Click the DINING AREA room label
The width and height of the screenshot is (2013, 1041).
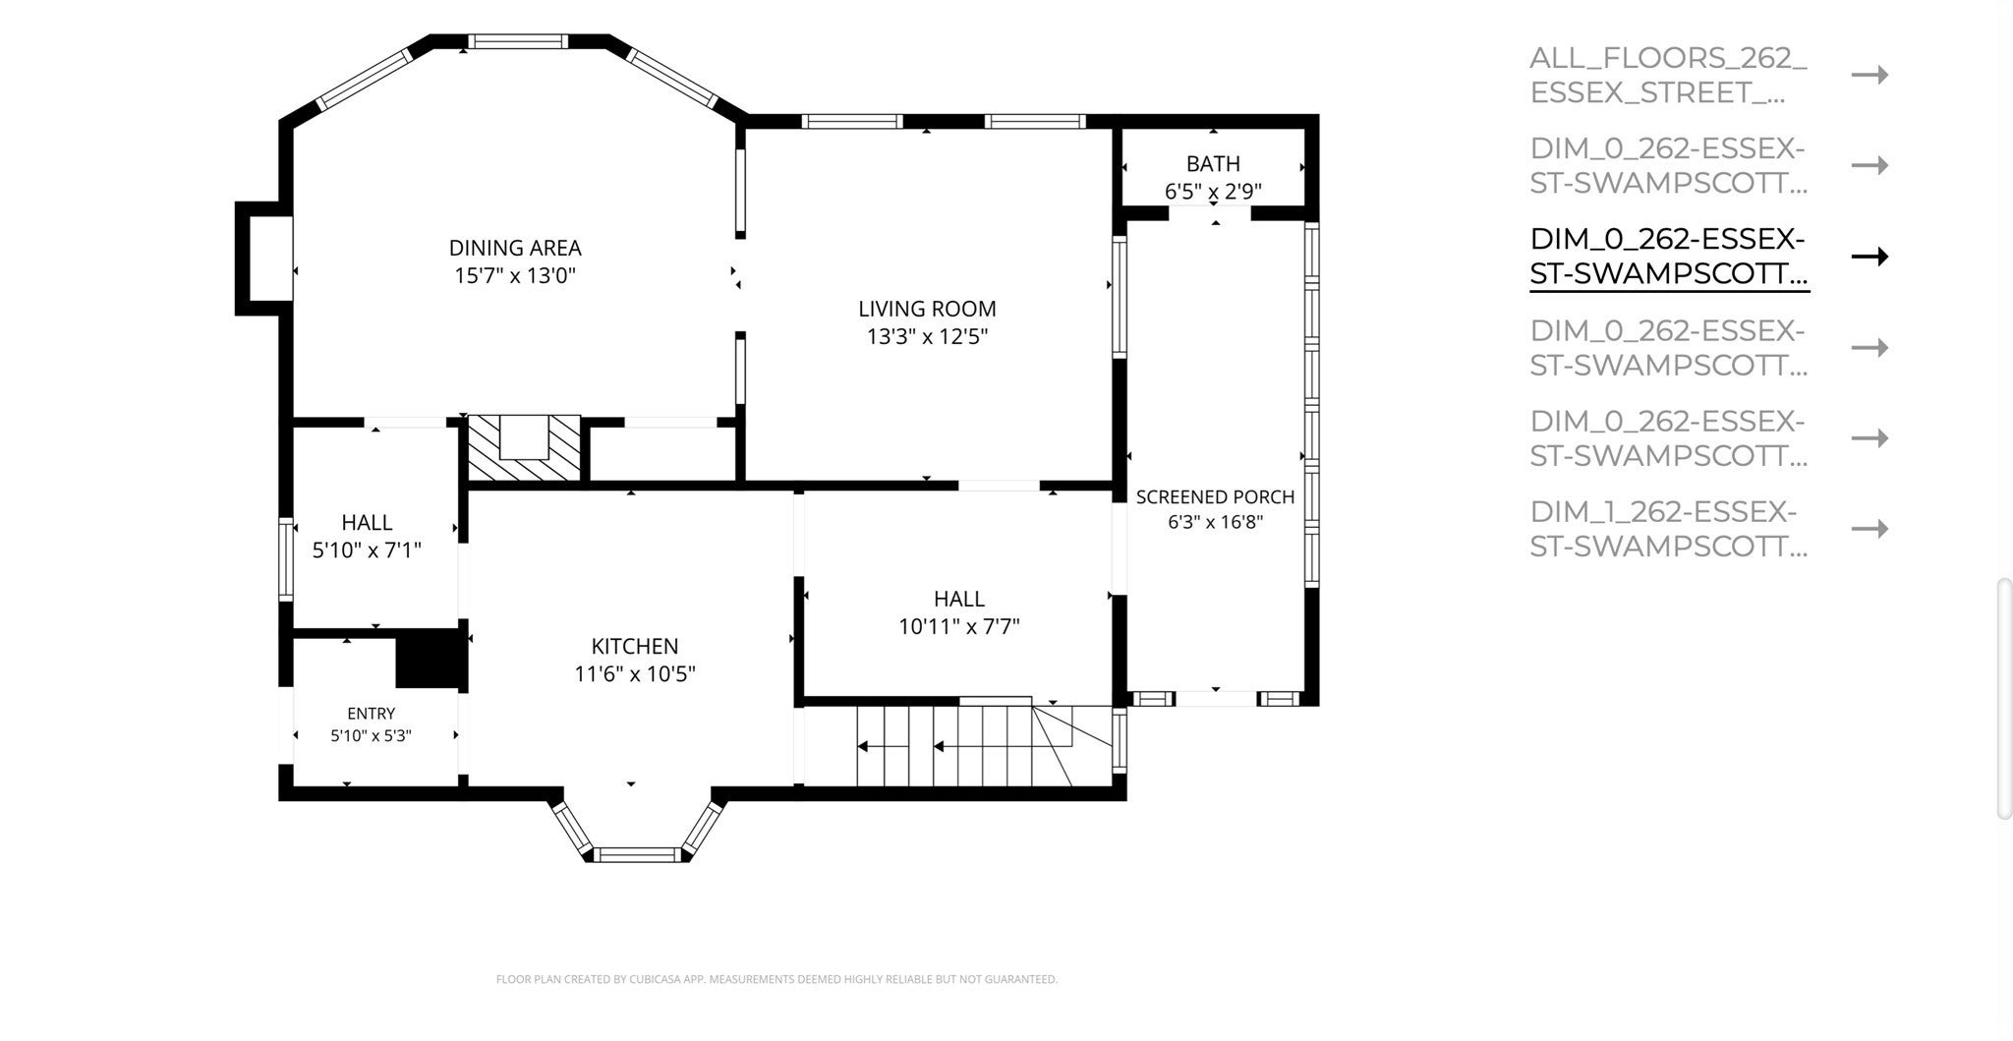(x=515, y=248)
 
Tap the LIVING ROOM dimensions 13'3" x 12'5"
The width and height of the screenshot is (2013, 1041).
(x=927, y=337)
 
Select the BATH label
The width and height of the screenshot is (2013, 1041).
(x=1213, y=163)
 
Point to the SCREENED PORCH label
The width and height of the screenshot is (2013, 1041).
(x=1215, y=497)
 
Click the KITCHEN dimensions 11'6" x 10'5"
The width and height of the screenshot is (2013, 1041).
(x=635, y=674)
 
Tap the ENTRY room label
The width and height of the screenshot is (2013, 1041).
(x=371, y=714)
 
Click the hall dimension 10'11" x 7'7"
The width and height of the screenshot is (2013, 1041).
(x=959, y=626)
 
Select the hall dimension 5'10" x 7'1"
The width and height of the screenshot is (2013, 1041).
(x=367, y=550)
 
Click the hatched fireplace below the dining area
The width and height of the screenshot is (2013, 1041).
(x=524, y=448)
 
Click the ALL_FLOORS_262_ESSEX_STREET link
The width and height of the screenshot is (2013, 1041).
(x=1668, y=75)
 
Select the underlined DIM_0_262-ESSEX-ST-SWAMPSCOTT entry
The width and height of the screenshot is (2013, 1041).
(x=1668, y=257)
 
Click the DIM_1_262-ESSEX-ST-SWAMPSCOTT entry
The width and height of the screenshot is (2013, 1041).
(x=1668, y=529)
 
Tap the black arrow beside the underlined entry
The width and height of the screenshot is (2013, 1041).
(x=1869, y=257)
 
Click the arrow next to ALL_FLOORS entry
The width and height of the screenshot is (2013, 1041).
(x=1869, y=75)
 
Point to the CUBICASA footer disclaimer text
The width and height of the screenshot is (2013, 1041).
(x=776, y=979)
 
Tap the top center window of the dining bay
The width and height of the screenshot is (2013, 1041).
(x=518, y=41)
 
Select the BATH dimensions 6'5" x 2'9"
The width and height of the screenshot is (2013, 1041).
(x=1213, y=191)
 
